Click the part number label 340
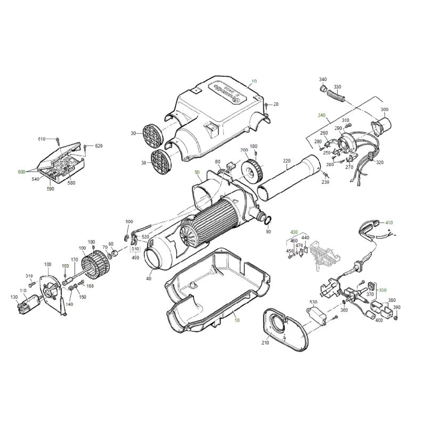323,79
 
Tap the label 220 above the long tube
286,161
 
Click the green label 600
21,171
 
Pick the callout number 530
314,302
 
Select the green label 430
293,232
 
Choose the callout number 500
129,222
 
